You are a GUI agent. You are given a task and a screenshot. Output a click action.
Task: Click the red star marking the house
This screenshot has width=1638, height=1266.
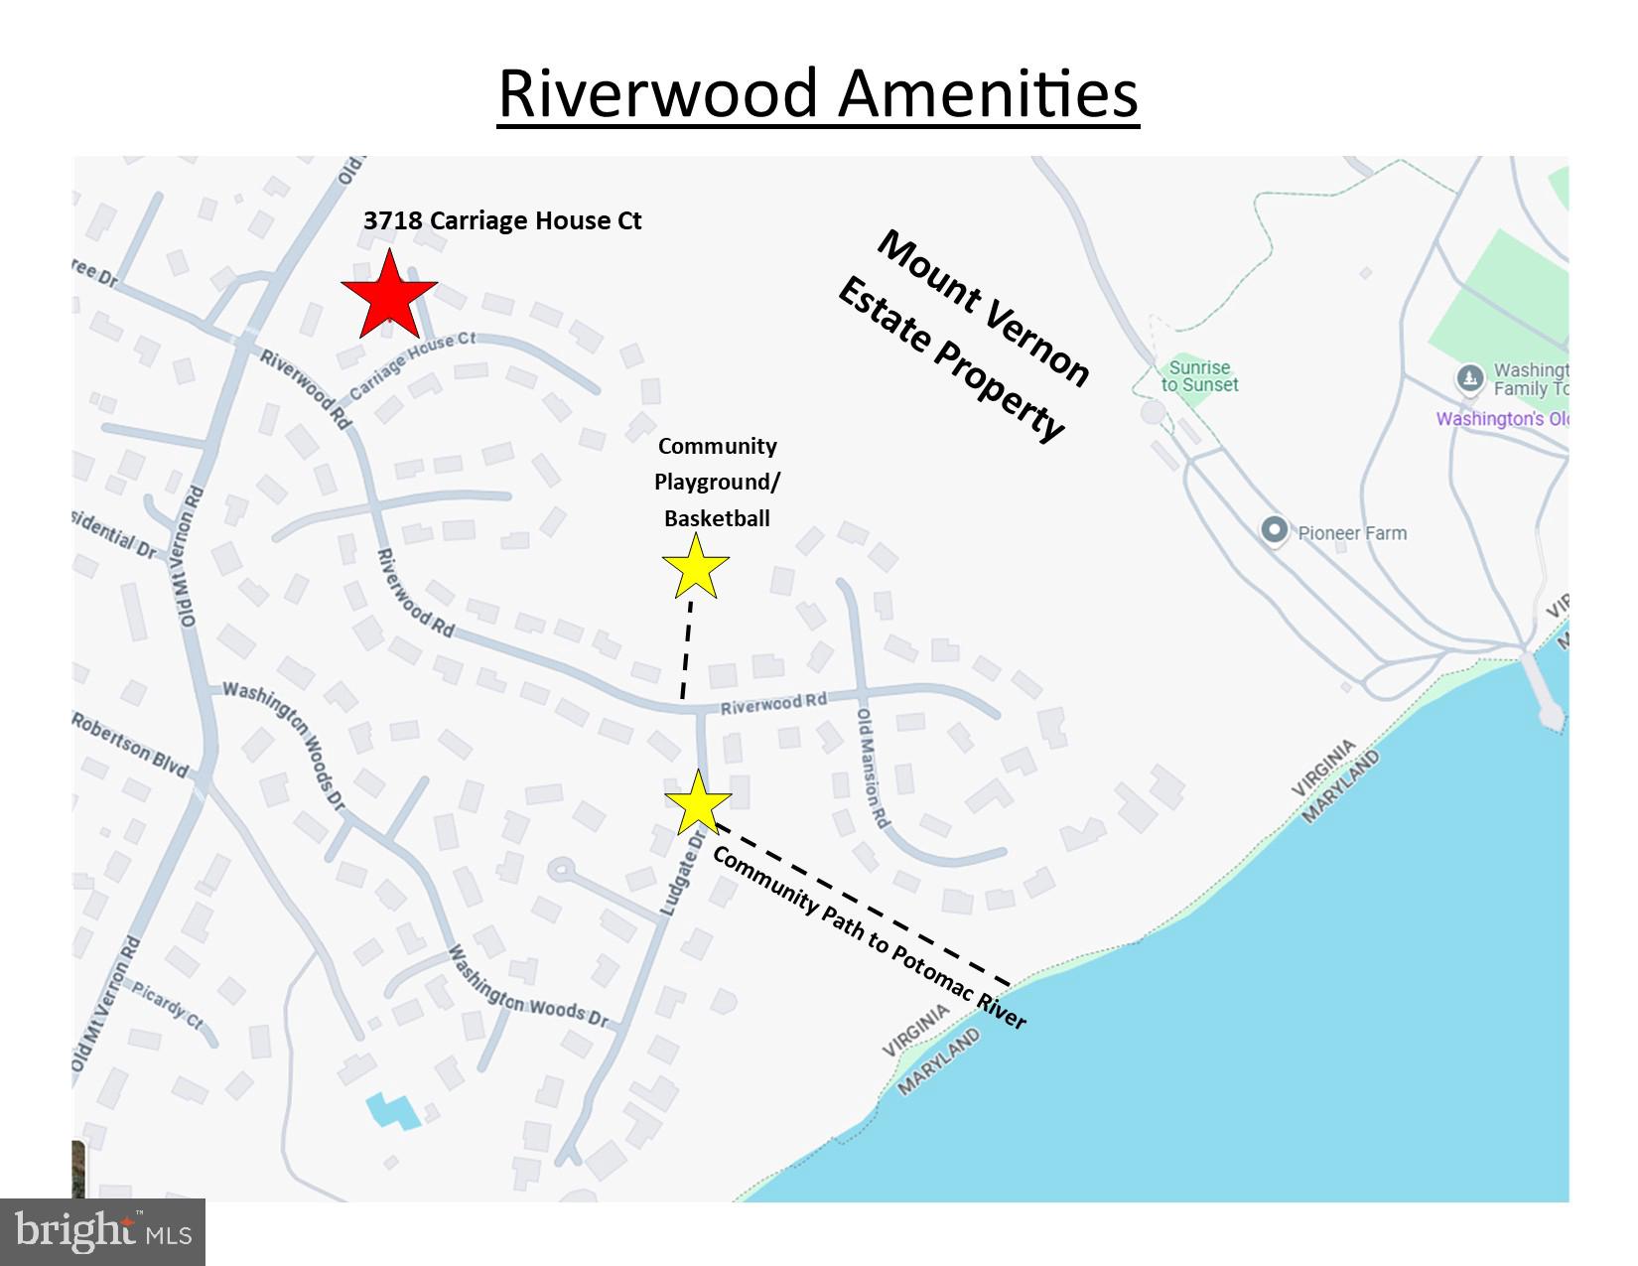tap(388, 295)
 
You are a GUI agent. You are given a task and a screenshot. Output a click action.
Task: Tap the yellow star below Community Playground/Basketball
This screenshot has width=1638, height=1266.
tap(696, 567)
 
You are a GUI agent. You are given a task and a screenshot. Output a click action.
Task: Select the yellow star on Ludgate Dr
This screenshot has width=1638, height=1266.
tap(698, 803)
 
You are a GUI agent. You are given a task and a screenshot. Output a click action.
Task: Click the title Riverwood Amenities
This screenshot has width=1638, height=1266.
tap(817, 94)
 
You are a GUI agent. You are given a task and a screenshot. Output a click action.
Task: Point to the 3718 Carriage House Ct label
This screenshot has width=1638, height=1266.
tap(502, 220)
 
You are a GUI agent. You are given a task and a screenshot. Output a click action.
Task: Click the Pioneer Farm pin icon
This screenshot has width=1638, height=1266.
tap(1274, 530)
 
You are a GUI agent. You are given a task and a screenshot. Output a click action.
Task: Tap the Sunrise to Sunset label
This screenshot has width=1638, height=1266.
tap(1199, 376)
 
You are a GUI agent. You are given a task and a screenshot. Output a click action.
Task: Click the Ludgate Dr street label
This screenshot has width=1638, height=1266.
tap(682, 873)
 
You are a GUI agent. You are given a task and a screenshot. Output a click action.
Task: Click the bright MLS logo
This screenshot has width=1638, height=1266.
tap(102, 1232)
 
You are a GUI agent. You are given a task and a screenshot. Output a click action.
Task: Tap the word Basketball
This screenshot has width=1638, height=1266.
tap(717, 518)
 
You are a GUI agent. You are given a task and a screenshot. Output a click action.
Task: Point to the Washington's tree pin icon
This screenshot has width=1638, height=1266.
tap(1470, 378)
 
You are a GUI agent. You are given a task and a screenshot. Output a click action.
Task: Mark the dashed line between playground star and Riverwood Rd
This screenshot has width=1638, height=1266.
tap(687, 650)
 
